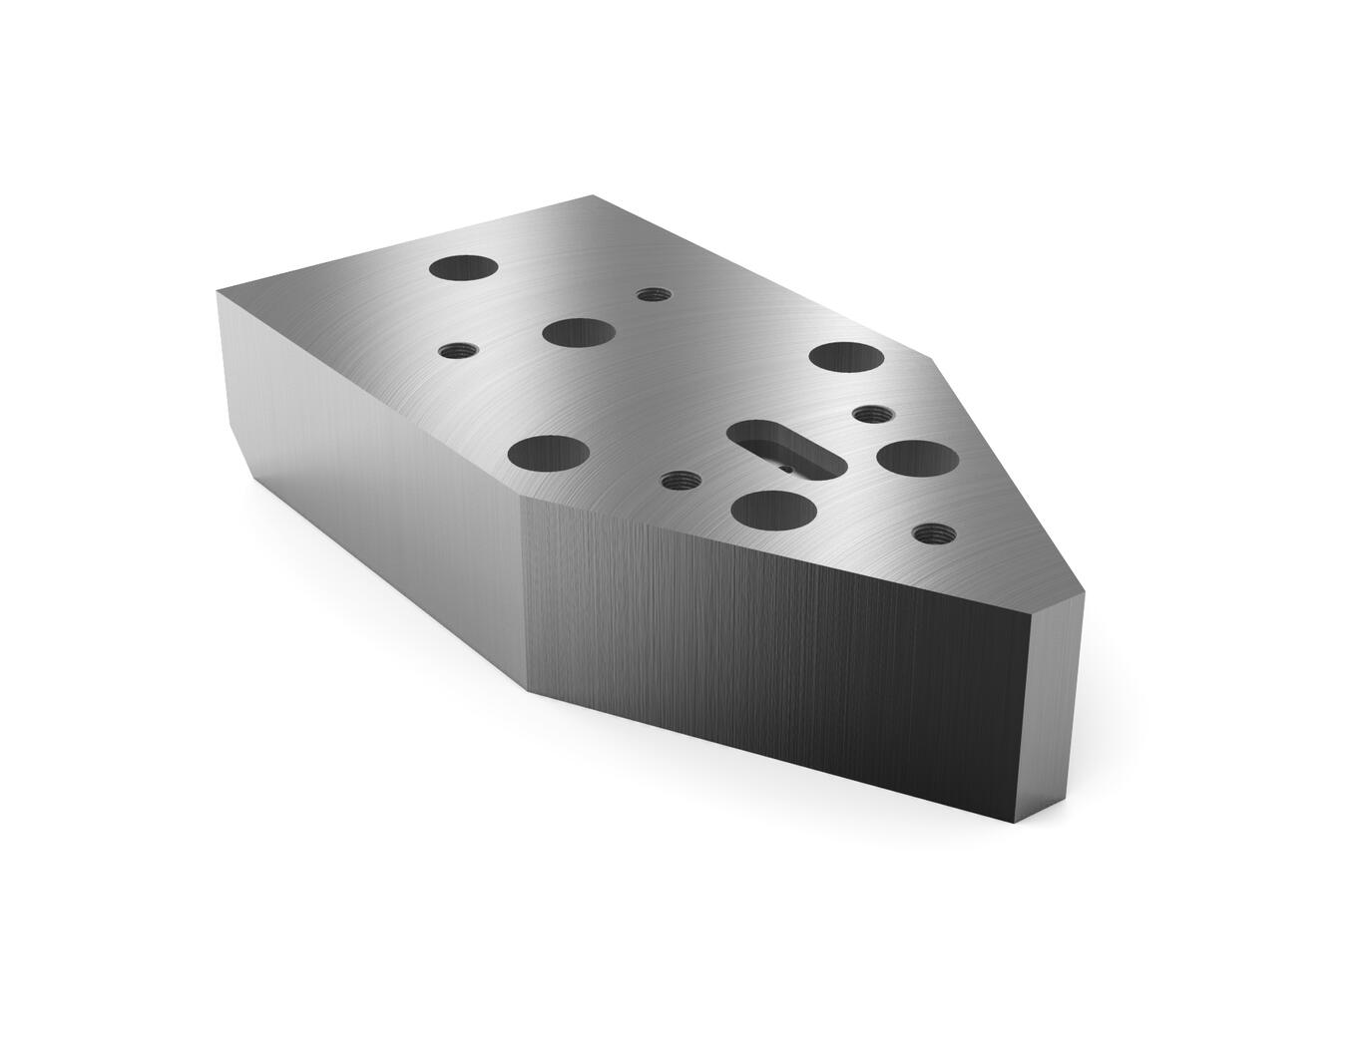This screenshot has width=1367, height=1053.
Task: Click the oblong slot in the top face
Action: [x=785, y=449]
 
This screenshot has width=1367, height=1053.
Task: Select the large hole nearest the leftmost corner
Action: [x=464, y=268]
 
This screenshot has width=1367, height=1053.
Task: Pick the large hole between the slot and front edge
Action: [x=773, y=511]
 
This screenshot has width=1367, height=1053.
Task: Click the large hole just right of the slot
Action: [x=917, y=459]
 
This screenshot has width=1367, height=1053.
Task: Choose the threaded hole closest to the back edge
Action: [x=653, y=294]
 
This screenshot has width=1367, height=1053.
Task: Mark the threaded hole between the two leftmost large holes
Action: [x=458, y=351]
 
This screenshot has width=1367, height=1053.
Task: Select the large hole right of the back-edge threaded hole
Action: [x=579, y=333]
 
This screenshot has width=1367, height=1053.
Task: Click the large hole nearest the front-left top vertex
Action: [x=547, y=454]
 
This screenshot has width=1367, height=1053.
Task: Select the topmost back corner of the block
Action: [x=595, y=195]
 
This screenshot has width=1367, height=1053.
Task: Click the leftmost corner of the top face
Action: [x=218, y=290]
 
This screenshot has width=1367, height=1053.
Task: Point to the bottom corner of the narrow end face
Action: [x=1019, y=824]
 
